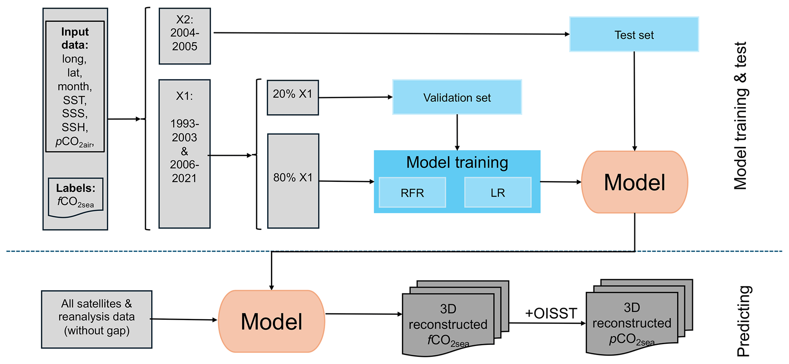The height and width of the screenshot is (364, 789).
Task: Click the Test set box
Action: click(x=634, y=34)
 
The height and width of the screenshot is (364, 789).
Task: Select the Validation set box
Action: click(x=457, y=97)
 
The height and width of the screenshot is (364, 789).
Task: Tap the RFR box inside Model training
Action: click(x=412, y=193)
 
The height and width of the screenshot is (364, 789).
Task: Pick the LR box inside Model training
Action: click(x=498, y=193)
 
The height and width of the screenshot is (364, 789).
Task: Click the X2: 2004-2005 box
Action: click(x=185, y=36)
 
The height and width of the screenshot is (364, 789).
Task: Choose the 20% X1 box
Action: click(x=293, y=97)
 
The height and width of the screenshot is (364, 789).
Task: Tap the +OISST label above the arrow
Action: click(x=551, y=314)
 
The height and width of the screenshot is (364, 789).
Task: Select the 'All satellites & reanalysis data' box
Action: click(x=97, y=319)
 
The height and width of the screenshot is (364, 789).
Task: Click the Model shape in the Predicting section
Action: click(x=271, y=321)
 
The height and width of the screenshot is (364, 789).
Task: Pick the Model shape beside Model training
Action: click(x=634, y=182)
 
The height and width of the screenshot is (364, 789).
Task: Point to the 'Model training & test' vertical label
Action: click(x=741, y=116)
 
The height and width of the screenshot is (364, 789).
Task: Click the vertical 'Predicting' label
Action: click(x=744, y=321)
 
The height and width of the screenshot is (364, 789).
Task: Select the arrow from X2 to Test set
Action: click(x=389, y=34)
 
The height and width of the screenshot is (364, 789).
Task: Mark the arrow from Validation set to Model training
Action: click(x=457, y=132)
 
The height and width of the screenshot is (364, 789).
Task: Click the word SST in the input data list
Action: click(x=75, y=100)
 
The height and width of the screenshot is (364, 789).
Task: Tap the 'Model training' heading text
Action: click(x=457, y=162)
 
